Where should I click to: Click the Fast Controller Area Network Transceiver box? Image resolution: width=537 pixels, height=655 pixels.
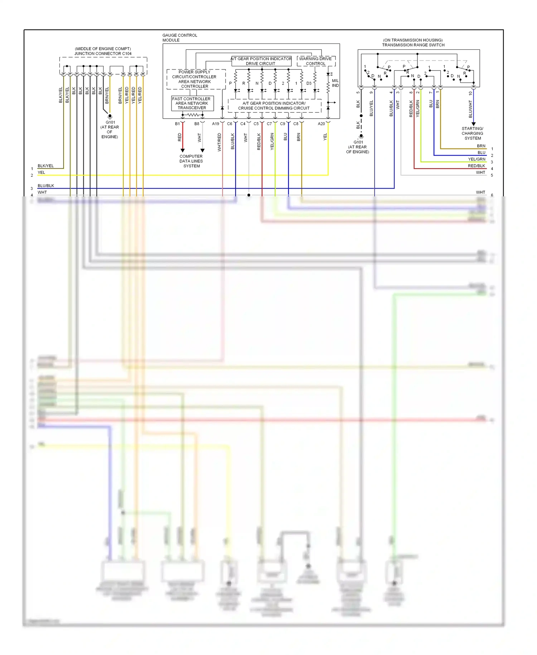pos(192,103)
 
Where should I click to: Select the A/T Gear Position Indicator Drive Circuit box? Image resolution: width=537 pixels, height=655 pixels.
pos(261,61)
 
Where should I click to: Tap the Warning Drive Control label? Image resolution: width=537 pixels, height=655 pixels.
pos(315,61)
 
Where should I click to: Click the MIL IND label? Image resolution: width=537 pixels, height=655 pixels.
pos(335,83)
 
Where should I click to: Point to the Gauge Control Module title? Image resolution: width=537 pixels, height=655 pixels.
pos(180,38)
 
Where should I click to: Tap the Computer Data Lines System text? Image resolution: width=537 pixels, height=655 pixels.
pos(191,161)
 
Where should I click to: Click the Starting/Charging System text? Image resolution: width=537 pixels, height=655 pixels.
pos(472,133)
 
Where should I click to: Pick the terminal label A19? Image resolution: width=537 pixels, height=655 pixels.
pos(216,124)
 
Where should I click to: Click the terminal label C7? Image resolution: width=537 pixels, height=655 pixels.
pos(269,124)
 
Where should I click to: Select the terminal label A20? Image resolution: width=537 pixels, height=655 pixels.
pos(321,124)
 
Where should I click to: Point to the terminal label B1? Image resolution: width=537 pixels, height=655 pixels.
pos(177,124)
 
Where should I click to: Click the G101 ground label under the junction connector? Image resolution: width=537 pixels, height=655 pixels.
pos(110,122)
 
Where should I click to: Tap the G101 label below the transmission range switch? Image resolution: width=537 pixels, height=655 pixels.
pos(358,142)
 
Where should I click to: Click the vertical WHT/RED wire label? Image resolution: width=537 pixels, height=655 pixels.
pos(219,142)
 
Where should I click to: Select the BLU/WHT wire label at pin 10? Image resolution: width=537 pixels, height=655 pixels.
pos(470,109)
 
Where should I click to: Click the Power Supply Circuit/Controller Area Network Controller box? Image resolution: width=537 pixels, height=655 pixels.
pos(194,79)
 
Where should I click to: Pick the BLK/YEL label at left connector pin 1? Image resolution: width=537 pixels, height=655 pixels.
pos(45,166)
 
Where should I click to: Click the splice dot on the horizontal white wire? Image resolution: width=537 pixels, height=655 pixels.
pos(249,195)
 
